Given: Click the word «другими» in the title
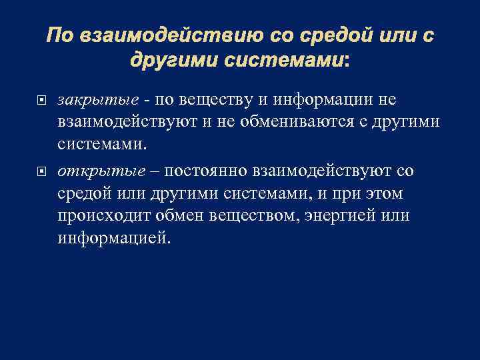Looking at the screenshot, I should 172,61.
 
